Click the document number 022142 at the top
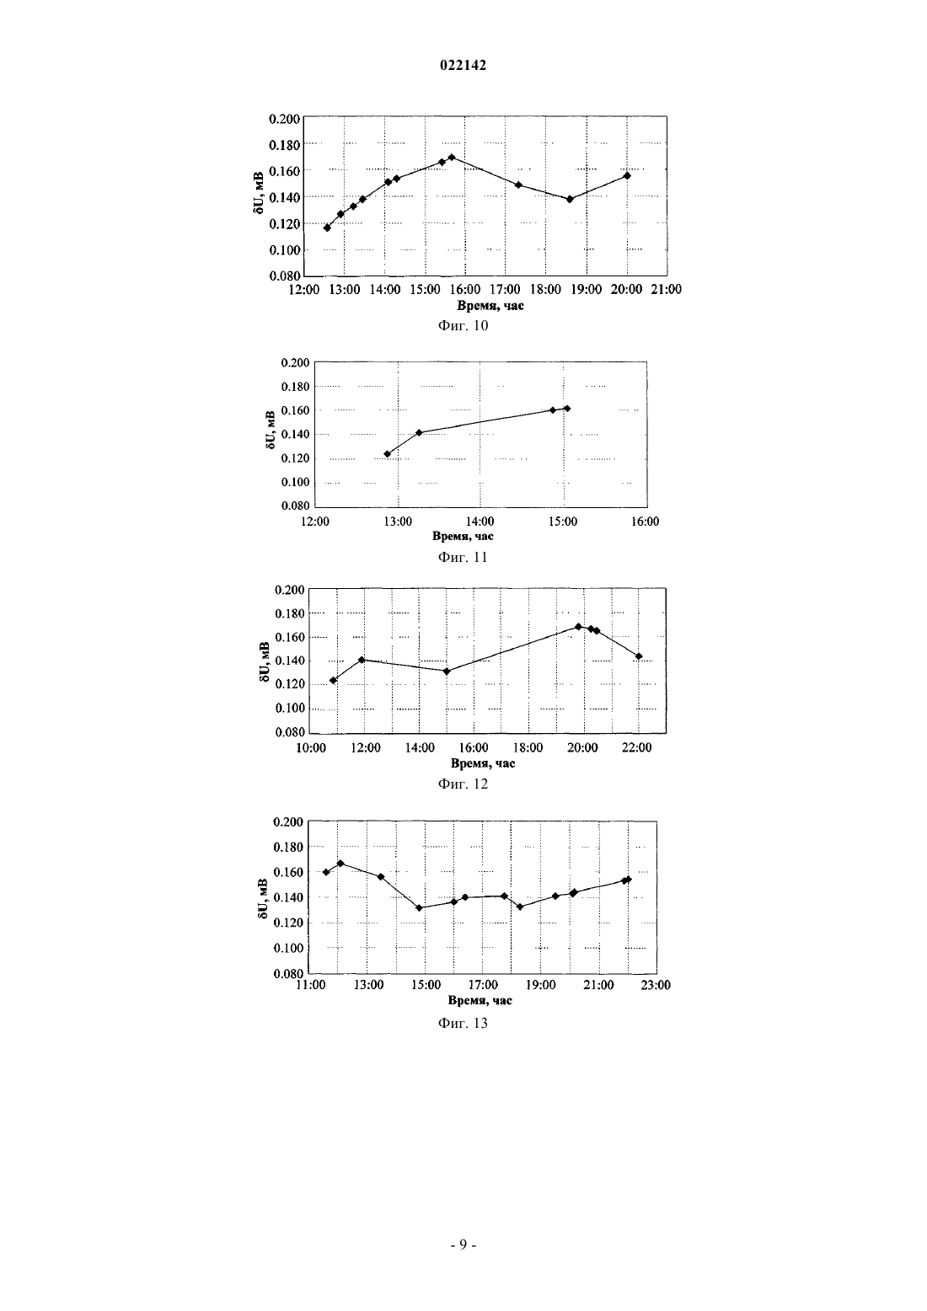[463, 66]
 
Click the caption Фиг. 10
[463, 325]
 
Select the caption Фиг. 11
[463, 557]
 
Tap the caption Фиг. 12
[463, 784]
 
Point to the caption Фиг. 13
[463, 1023]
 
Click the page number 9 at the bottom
[463, 1244]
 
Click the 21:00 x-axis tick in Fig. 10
[666, 289]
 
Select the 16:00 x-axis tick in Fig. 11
[645, 522]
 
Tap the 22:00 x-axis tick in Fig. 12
[637, 747]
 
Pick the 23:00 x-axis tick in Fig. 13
[656, 985]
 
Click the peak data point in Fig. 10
[452, 158]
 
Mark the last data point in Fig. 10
[627, 175]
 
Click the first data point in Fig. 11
[388, 454]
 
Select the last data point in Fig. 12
[639, 656]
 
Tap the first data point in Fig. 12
[334, 680]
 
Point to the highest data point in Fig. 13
[340, 864]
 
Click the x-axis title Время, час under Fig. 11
[463, 536]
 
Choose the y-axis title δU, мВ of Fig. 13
[263, 897]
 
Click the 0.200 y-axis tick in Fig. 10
[285, 120]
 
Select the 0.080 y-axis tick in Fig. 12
[290, 732]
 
